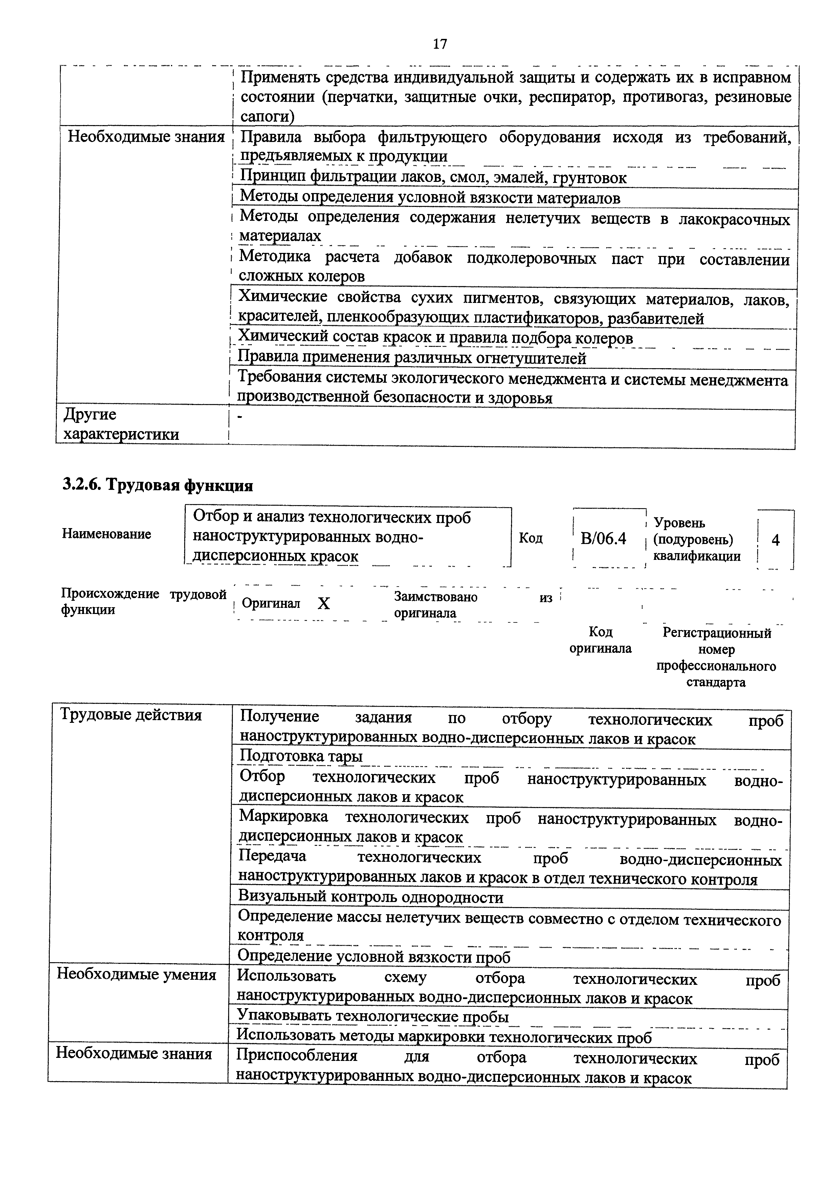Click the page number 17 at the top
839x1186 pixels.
pos(440,44)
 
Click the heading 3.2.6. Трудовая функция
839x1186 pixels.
pos(158,485)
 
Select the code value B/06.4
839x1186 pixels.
pos(603,539)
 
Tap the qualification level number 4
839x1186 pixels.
pos(775,540)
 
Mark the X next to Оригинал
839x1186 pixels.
pos(324,603)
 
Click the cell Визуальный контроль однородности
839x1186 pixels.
pos(371,897)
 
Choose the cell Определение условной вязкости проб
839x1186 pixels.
pos(374,957)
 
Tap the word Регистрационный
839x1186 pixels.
pos(716,633)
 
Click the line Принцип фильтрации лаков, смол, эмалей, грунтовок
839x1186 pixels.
pos(433,178)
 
